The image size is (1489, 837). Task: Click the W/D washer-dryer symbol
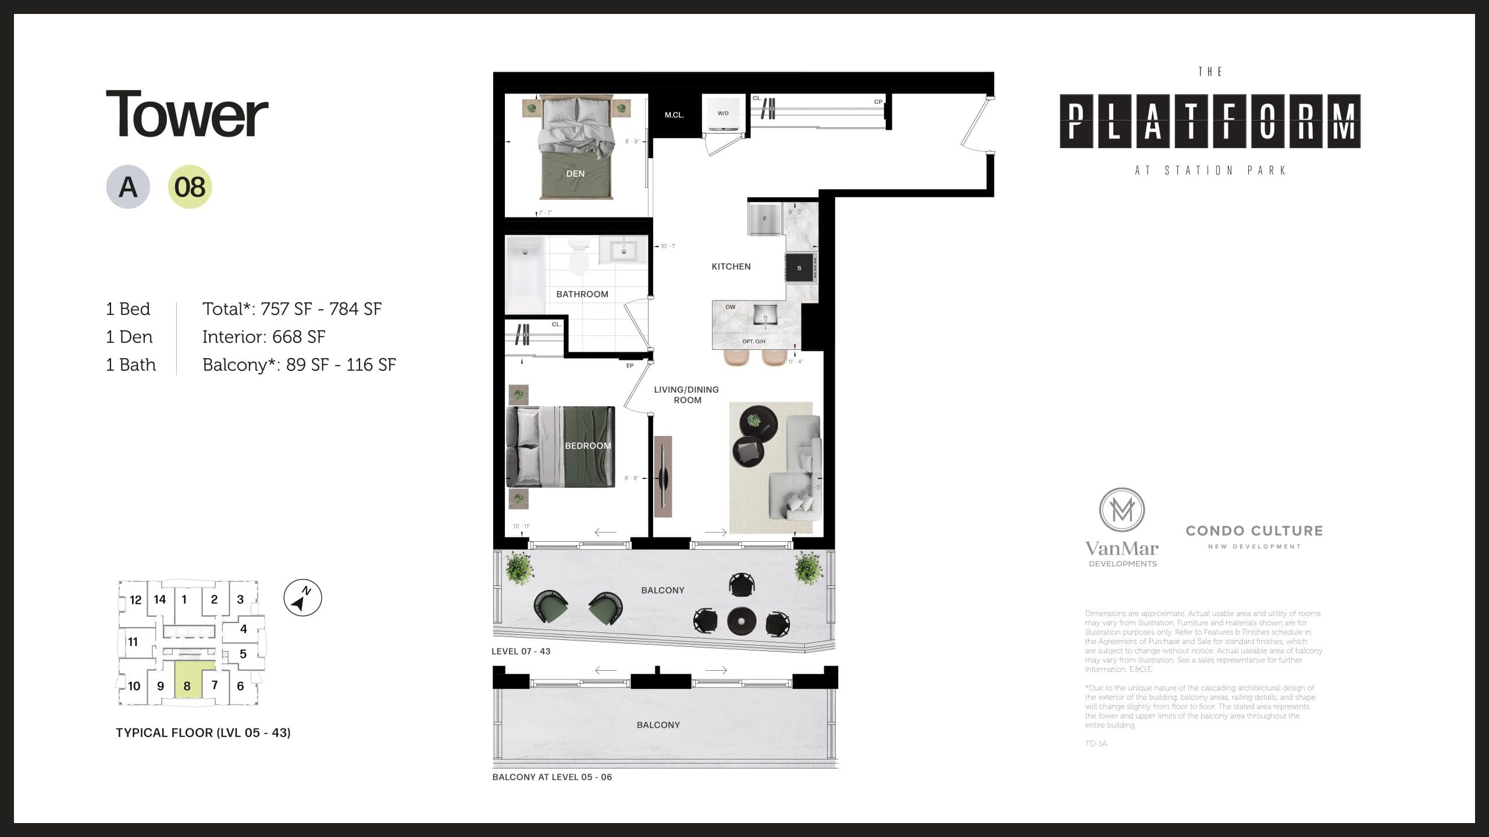point(723,113)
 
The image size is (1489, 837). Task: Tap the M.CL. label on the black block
point(674,115)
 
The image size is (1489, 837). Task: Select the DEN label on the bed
point(575,174)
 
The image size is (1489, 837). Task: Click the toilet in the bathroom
point(579,257)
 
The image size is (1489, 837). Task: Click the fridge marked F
point(765,219)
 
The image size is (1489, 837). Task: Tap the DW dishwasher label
point(731,307)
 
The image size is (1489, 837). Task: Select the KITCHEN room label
point(731,266)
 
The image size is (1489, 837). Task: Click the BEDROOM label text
point(588,446)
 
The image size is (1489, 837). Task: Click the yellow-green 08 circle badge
point(190,187)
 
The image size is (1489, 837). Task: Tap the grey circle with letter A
point(128,187)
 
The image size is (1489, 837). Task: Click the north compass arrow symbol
point(302,598)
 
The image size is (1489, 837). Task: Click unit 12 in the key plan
point(136,600)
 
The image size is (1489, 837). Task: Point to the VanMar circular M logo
point(1121,510)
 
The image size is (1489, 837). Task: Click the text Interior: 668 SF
point(263,337)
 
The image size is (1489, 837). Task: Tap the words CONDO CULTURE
point(1254,531)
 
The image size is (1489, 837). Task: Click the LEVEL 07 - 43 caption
point(521,651)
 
